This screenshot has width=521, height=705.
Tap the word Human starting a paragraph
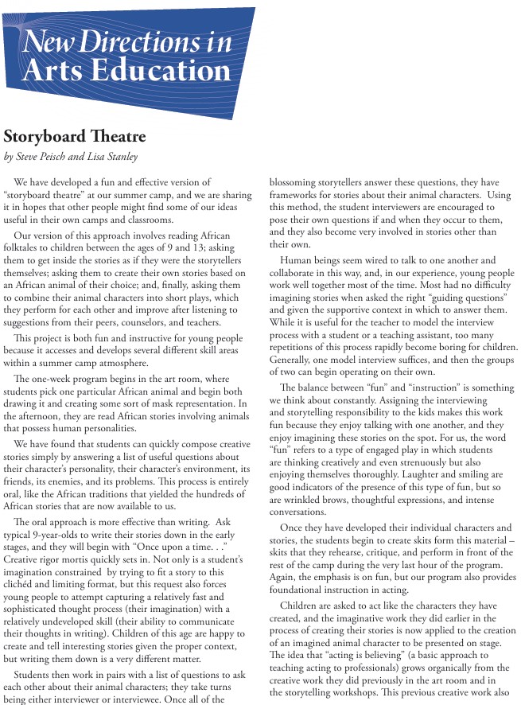[300, 261]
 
